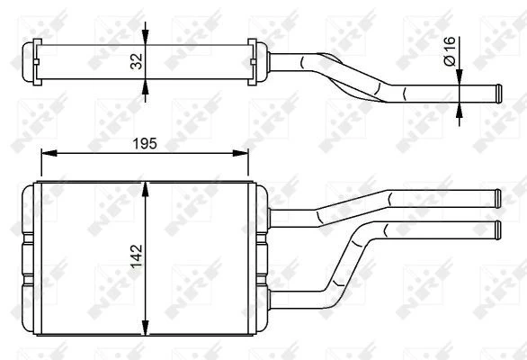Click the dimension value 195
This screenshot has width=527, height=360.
[145, 144]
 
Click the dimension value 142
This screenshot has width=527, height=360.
[137, 256]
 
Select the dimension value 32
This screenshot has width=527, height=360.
[137, 61]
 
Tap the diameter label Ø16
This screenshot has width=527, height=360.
[450, 50]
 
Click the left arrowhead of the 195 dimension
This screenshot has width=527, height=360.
[49, 153]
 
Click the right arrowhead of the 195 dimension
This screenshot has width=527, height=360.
[240, 153]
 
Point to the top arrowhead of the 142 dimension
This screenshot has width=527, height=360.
[145, 189]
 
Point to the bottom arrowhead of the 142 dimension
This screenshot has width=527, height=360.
[145, 328]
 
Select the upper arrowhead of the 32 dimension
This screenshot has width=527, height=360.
[145, 37]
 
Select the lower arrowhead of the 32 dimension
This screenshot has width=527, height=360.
[145, 86]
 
